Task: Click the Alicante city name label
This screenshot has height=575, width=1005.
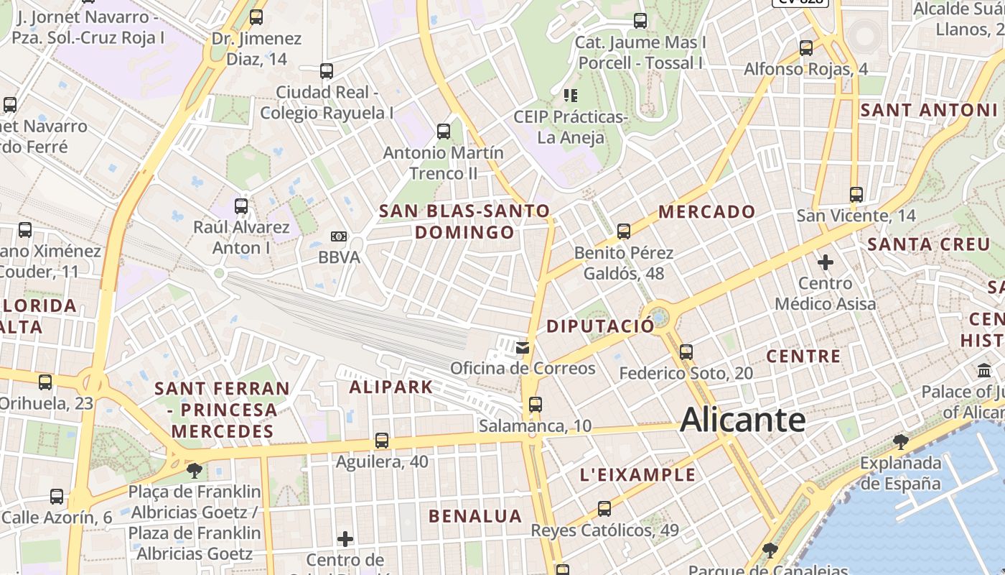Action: [x=742, y=420]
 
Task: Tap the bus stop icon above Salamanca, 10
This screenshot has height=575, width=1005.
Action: [x=535, y=404]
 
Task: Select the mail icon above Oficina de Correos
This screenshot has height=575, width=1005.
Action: [x=523, y=348]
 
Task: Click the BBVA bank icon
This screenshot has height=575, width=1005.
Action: [x=339, y=236]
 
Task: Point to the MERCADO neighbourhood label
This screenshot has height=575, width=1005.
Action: [x=706, y=211]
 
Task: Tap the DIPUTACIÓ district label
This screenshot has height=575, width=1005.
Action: [x=600, y=326]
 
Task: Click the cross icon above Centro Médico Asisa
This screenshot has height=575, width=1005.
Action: [x=826, y=262]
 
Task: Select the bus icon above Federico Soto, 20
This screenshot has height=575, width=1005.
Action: [x=686, y=352]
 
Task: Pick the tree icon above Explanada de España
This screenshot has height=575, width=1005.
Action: [x=900, y=441]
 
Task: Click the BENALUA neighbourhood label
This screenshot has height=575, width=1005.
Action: [x=475, y=516]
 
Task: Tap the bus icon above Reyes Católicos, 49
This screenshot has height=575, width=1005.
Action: [x=604, y=509]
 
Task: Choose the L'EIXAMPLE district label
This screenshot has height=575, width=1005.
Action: [x=637, y=474]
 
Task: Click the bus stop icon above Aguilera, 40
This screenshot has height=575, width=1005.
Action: [x=382, y=440]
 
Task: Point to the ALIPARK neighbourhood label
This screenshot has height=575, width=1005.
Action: [x=391, y=387]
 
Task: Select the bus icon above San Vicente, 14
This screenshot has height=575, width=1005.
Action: [x=856, y=194]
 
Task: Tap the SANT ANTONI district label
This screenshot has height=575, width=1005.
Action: [x=929, y=111]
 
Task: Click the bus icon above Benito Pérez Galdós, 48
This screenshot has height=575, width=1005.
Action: [x=624, y=231]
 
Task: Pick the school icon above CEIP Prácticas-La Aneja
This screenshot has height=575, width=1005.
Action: [x=571, y=95]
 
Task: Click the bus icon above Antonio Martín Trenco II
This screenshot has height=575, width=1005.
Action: [x=444, y=132]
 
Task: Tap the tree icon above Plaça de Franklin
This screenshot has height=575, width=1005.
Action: [x=194, y=471]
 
